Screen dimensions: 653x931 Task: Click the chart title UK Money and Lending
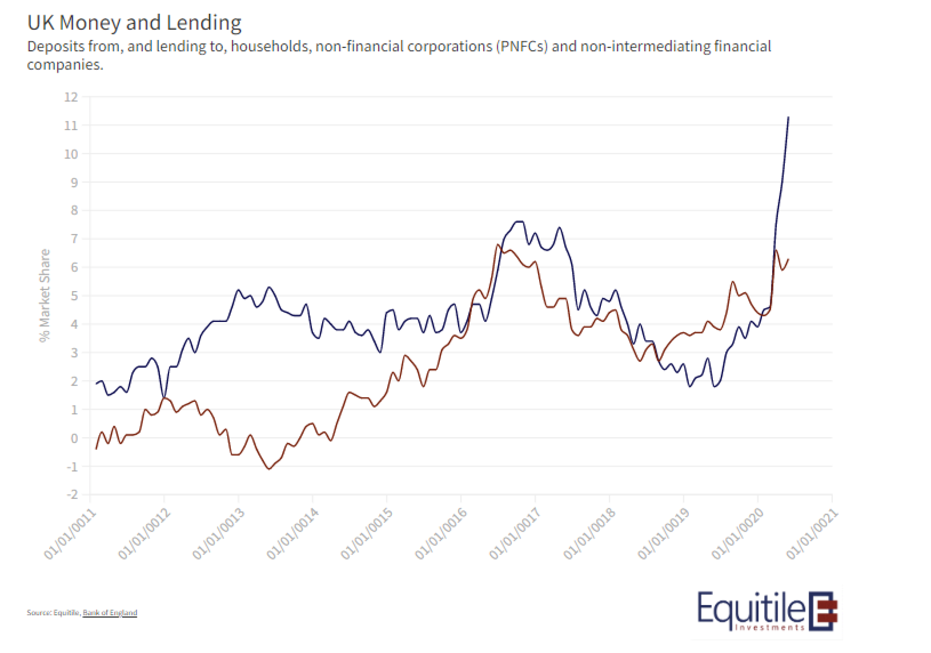[134, 23]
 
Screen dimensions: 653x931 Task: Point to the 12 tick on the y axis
[71, 97]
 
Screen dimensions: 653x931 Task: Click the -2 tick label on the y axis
[72, 495]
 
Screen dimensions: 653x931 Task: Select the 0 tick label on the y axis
[74, 438]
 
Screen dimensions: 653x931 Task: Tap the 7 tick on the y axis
[74, 239]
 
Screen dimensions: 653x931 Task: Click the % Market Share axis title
[45, 296]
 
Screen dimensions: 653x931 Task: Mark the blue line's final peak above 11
[788, 117]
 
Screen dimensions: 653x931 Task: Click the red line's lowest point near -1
[269, 469]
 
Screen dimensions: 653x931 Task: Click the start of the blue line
[96, 384]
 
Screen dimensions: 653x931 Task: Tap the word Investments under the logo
[769, 627]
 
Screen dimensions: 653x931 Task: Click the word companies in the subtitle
[65, 65]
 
